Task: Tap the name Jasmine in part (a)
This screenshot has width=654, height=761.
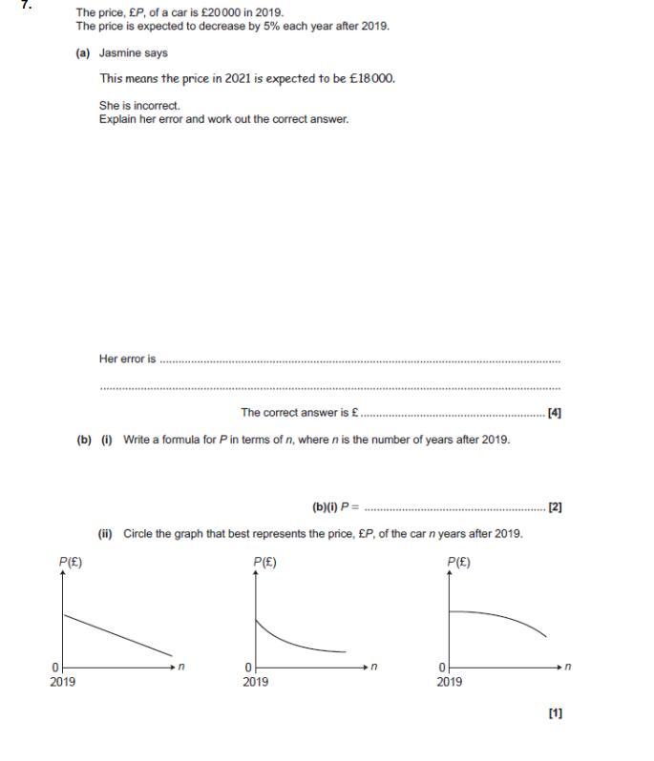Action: (x=120, y=53)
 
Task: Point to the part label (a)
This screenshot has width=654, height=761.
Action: (x=83, y=53)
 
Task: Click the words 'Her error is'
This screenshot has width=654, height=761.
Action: (x=127, y=360)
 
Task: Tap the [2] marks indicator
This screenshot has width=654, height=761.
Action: (x=555, y=507)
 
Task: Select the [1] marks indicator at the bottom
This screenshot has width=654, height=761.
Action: (x=555, y=712)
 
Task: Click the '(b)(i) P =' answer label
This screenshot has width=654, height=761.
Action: (x=335, y=507)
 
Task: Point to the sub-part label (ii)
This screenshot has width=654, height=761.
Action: (x=106, y=534)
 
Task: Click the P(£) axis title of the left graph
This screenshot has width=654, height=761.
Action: (x=71, y=563)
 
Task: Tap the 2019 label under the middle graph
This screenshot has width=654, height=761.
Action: (x=255, y=682)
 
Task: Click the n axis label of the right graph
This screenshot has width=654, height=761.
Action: (x=568, y=667)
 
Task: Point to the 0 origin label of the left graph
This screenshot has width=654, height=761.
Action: (x=55, y=667)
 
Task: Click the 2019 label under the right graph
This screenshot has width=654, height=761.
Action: (x=449, y=682)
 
